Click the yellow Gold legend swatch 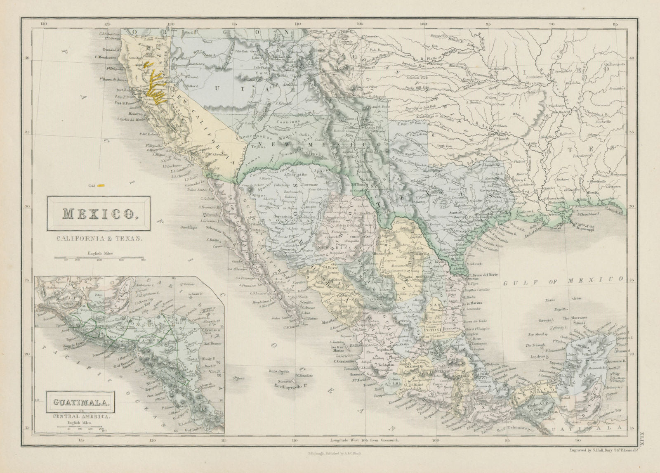pos(101,186)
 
